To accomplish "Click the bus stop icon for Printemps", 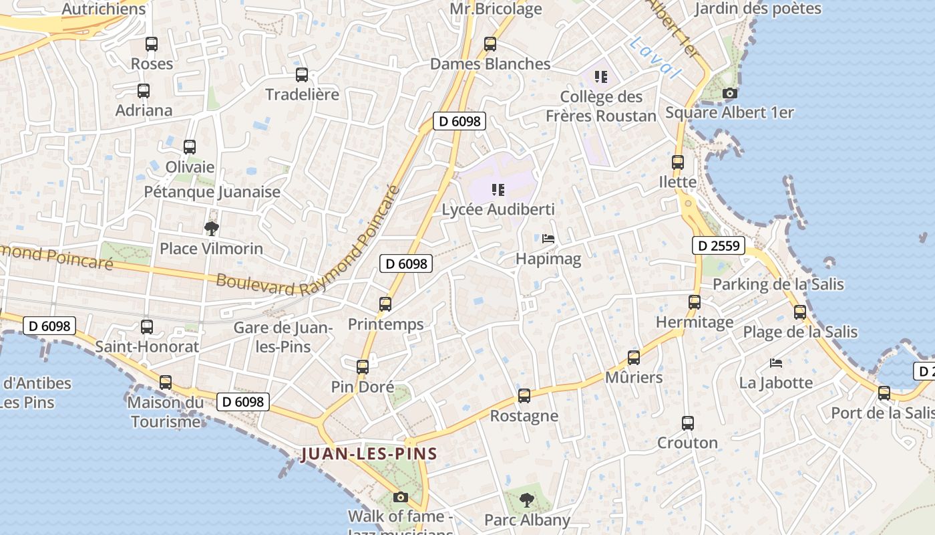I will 385,304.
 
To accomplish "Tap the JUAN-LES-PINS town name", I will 369,454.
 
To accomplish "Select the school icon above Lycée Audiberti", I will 498,190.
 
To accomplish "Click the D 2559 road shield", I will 719,245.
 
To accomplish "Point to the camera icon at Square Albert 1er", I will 730,94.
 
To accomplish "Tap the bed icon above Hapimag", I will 548,239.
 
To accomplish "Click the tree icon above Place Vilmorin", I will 212,229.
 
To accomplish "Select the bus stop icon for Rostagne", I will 524,396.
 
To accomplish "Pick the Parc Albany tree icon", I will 527,500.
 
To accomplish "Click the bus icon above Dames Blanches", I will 490,45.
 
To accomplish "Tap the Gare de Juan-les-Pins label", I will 283,337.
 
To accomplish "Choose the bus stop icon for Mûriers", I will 634,358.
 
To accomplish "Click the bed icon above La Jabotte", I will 776,363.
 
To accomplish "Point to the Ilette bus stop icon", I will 678,163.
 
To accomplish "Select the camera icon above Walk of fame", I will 401,497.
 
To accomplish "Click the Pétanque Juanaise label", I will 212,192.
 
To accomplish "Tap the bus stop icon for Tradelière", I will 302,75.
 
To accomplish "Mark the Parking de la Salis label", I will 778,284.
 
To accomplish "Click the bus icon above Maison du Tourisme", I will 165,383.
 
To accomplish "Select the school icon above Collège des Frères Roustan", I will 601,77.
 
